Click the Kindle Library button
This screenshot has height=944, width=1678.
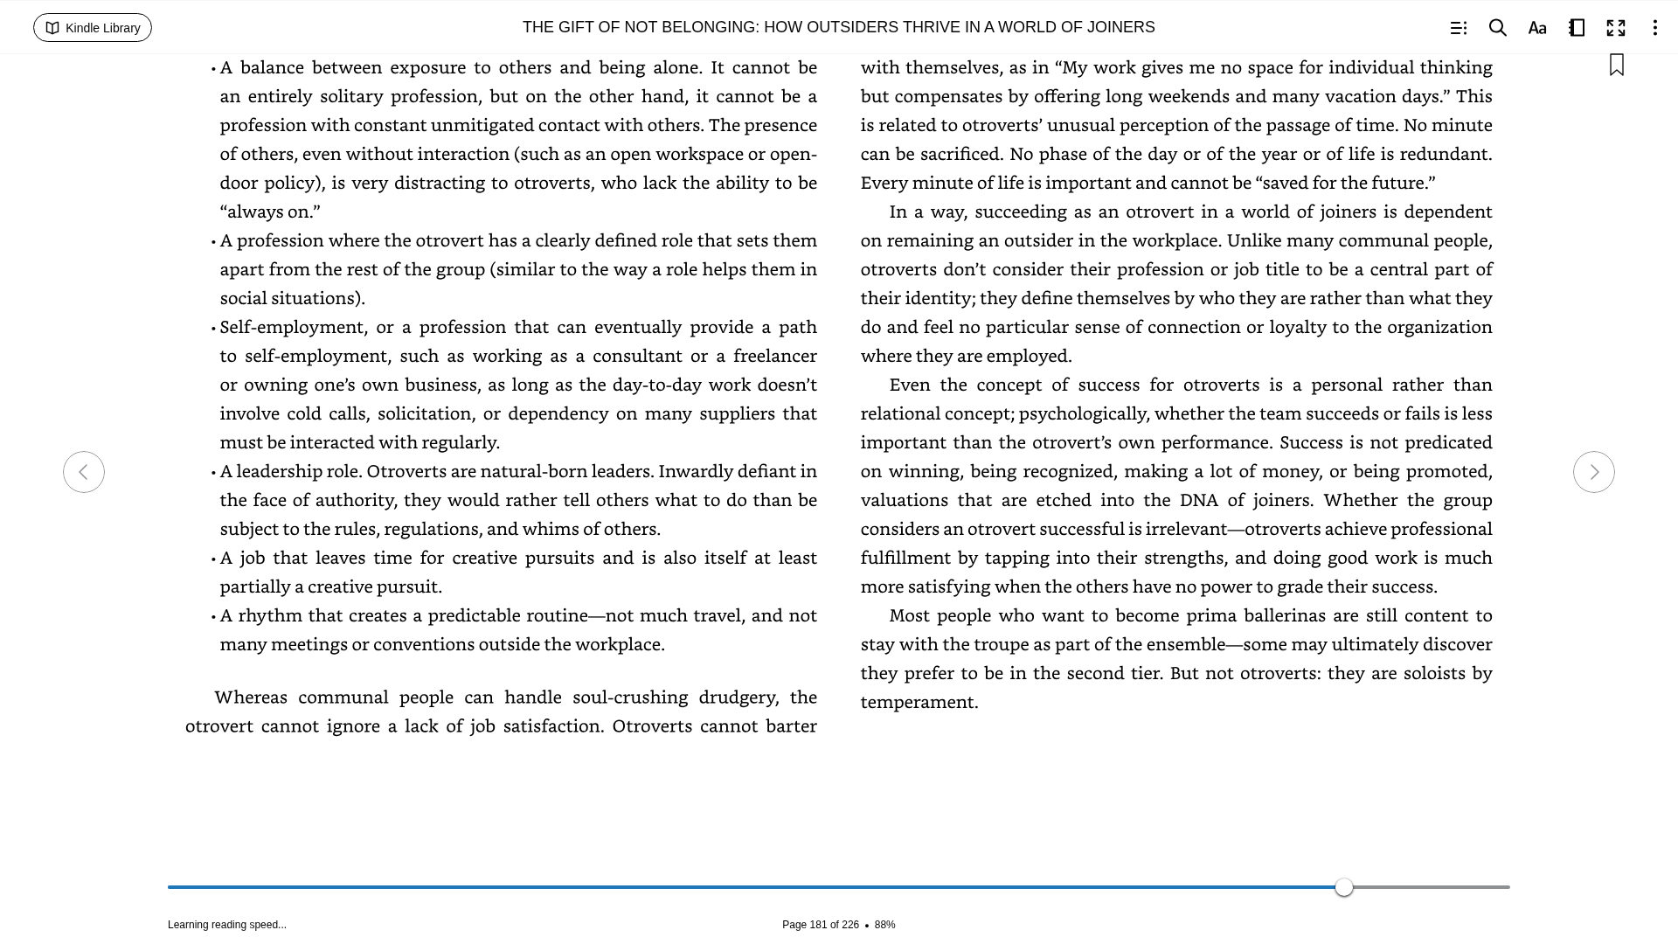click(x=93, y=28)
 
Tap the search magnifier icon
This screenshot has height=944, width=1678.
click(x=1497, y=28)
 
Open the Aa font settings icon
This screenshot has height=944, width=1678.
click(x=1537, y=28)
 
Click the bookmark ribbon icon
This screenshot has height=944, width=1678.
click(x=1617, y=65)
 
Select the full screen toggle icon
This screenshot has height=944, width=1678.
click(x=1616, y=28)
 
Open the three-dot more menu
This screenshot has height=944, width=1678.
click(x=1654, y=28)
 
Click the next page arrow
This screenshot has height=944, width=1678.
click(x=1593, y=472)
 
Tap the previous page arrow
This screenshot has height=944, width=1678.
click(x=84, y=472)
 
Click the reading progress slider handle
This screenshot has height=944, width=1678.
click(x=1344, y=887)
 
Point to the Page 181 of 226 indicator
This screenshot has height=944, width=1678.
click(x=820, y=925)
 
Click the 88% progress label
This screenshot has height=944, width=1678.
click(x=884, y=925)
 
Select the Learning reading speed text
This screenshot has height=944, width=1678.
click(x=227, y=925)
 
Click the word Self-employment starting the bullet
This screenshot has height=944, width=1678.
click(x=292, y=327)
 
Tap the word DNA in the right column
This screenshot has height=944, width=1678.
click(x=1198, y=500)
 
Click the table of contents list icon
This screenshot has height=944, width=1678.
click(x=1458, y=28)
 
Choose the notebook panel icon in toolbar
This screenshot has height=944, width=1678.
click(x=1577, y=28)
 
